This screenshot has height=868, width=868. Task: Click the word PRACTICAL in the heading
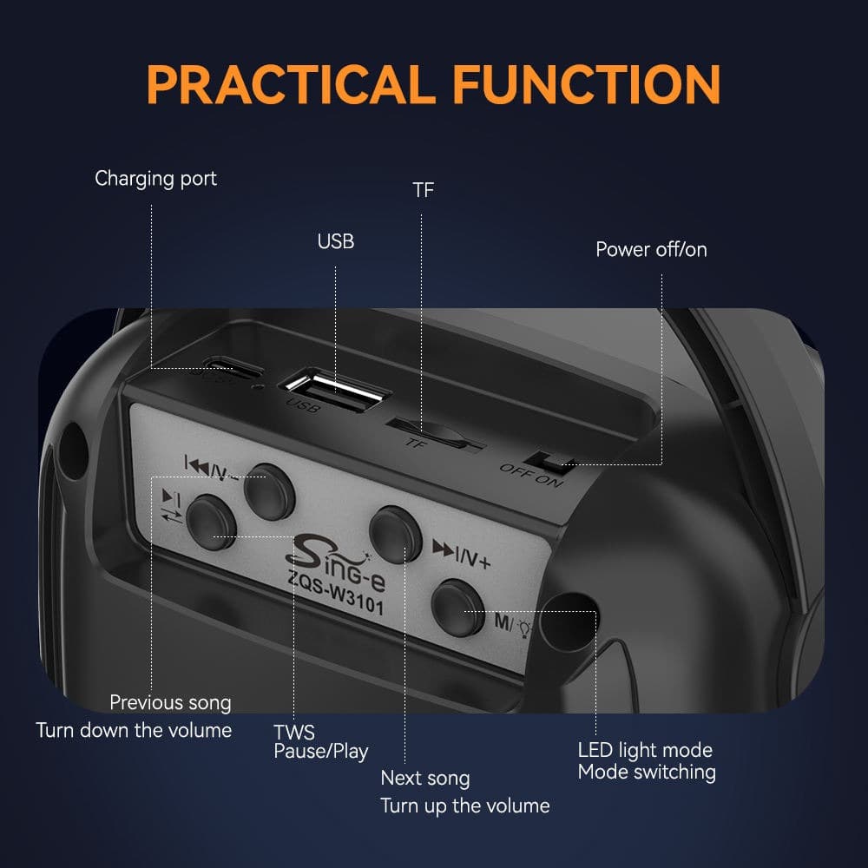click(290, 84)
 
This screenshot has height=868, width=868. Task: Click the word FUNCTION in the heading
click(587, 84)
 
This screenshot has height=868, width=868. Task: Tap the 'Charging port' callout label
click(155, 180)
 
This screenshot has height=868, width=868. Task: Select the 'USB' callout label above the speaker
click(335, 241)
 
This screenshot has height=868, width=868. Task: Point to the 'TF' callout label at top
click(424, 190)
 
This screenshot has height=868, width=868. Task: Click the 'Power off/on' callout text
click(651, 250)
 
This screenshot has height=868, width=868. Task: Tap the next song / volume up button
click(395, 535)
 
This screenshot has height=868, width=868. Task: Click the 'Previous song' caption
click(170, 702)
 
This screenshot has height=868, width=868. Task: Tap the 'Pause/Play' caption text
click(321, 752)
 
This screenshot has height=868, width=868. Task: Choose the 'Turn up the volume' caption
click(465, 806)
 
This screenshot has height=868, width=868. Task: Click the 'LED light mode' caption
click(645, 751)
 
